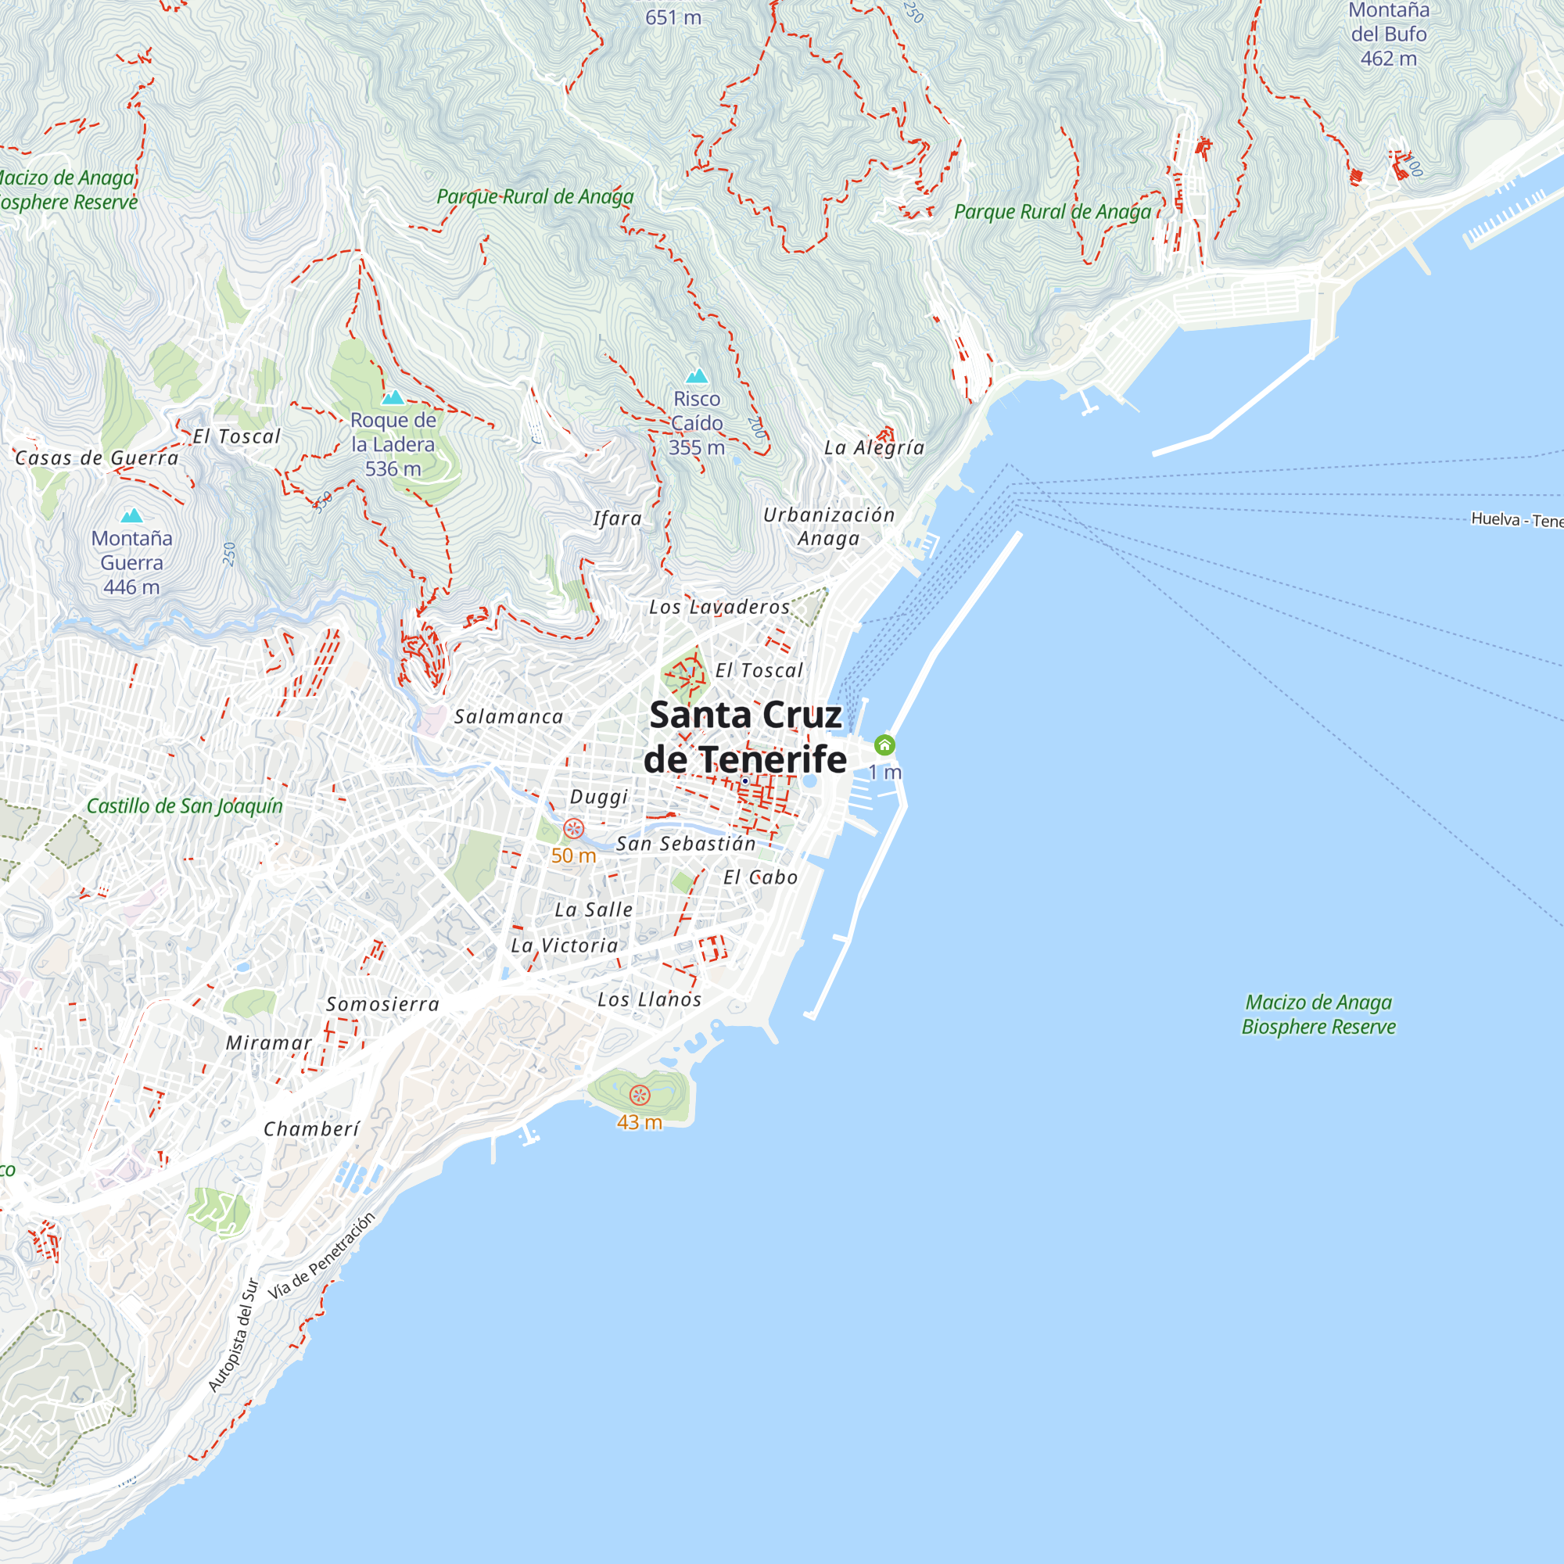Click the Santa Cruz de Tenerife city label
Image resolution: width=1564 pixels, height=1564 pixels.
[744, 737]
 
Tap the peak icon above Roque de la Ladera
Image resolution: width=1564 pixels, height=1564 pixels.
[393, 396]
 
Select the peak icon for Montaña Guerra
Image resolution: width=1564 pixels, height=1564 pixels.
[131, 515]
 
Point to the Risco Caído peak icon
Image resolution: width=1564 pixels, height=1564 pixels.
[697, 375]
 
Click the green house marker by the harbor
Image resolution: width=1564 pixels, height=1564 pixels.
[884, 744]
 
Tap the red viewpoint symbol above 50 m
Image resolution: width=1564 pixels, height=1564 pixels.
[573, 828]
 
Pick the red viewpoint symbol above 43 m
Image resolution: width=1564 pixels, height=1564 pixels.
[640, 1096]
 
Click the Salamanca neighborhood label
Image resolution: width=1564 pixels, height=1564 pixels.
[508, 716]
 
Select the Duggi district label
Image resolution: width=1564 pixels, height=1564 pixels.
[599, 797]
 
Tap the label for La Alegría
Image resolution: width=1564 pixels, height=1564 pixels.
[874, 447]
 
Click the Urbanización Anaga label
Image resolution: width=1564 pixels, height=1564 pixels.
[829, 526]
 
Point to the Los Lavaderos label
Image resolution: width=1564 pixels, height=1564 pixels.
[719, 607]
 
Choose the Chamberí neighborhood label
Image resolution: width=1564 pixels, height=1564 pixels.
[312, 1129]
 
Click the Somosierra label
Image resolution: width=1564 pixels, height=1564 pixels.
[383, 1005]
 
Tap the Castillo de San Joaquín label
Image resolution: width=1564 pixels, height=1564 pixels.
[185, 806]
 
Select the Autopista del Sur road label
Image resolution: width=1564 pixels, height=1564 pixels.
[233, 1336]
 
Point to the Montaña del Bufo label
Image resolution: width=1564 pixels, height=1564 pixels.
[1388, 34]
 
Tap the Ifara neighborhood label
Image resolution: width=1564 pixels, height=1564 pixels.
[617, 519]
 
